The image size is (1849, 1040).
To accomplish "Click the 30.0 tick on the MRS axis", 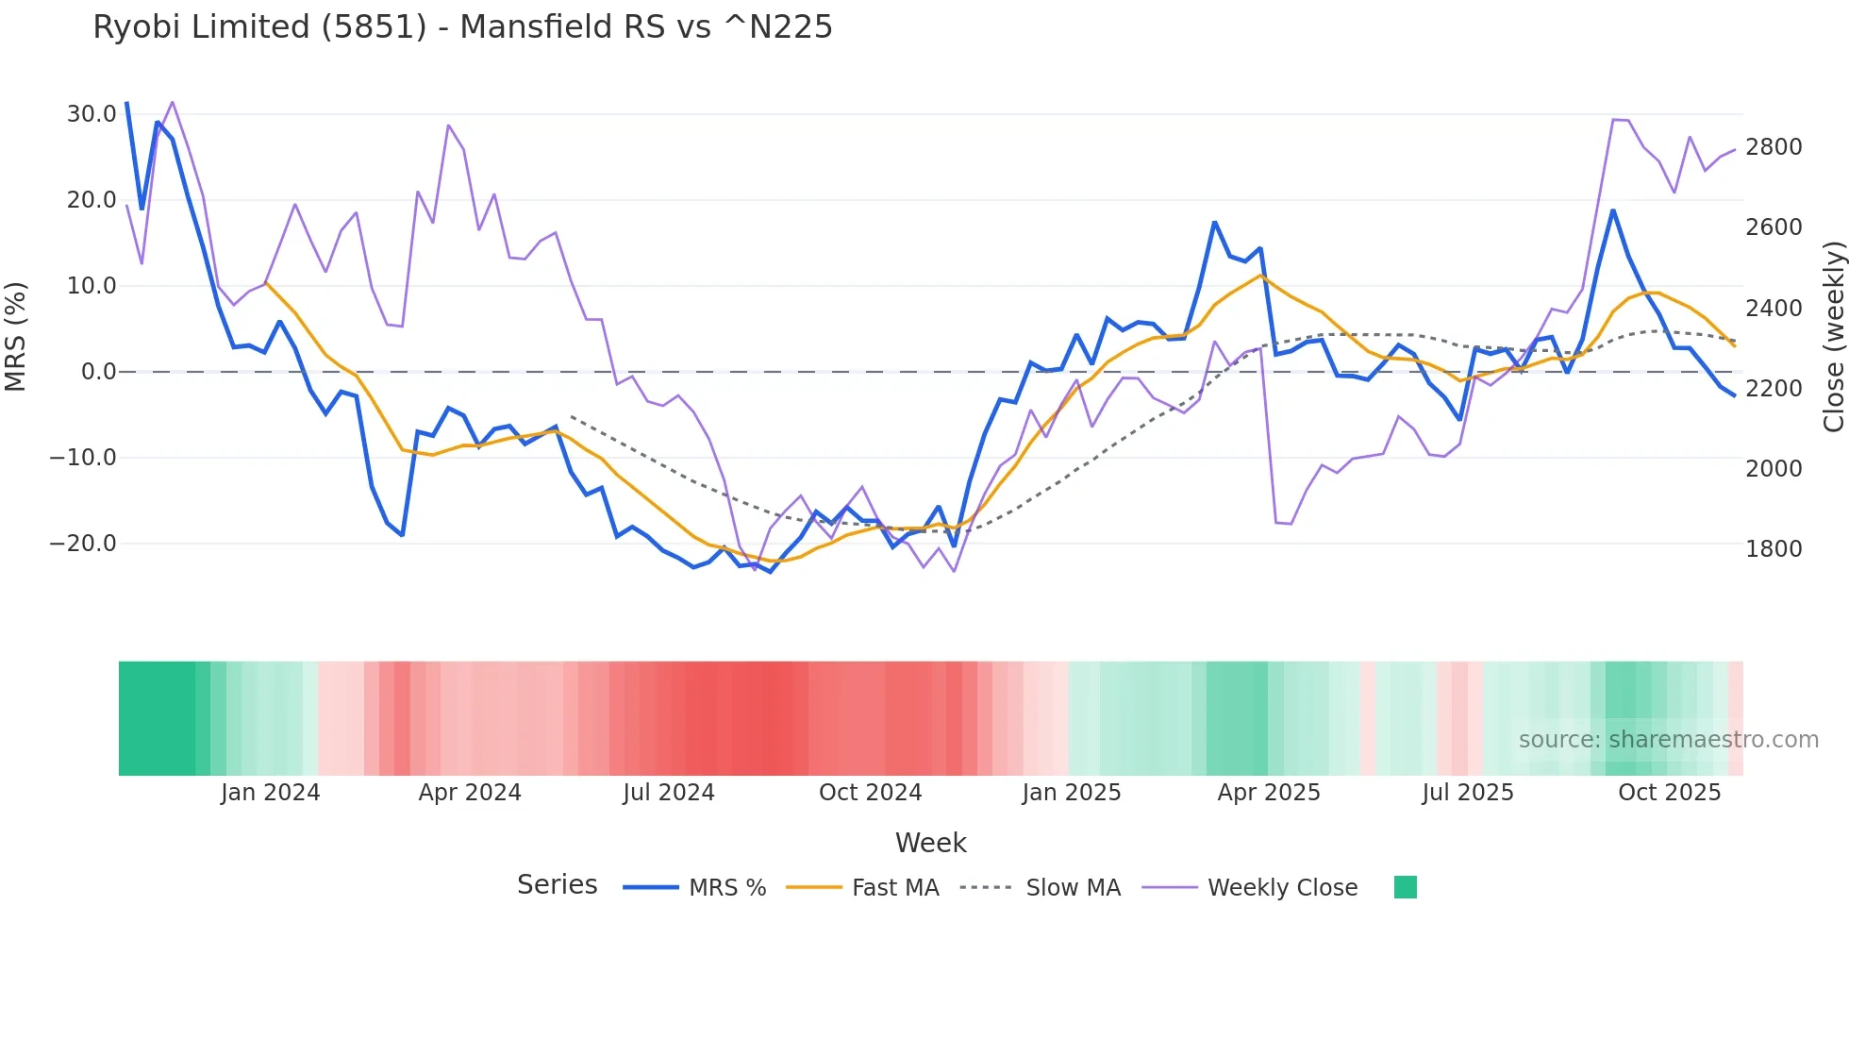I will [x=92, y=114].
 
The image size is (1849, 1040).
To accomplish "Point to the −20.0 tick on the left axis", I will [x=83, y=544].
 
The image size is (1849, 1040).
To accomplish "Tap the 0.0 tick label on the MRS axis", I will [x=98, y=372].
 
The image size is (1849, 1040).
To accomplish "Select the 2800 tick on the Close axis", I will [x=1774, y=147].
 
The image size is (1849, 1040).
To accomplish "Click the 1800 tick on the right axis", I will [x=1774, y=549].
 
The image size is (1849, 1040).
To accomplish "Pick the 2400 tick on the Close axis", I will [x=1774, y=309].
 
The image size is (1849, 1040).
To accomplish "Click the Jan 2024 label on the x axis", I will [x=271, y=793].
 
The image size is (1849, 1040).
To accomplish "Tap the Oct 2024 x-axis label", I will [x=870, y=793].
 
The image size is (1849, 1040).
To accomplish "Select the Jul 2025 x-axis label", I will [x=1468, y=793].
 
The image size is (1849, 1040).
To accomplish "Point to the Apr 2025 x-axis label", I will [x=1269, y=793].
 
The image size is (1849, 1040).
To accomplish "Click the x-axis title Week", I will [x=930, y=843].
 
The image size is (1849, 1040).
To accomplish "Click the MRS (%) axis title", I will [x=16, y=336].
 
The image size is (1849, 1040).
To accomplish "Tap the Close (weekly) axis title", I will [x=1833, y=336].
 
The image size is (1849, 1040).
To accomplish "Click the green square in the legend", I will [x=1406, y=887].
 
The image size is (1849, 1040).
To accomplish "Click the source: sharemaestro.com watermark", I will [x=1668, y=740].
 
